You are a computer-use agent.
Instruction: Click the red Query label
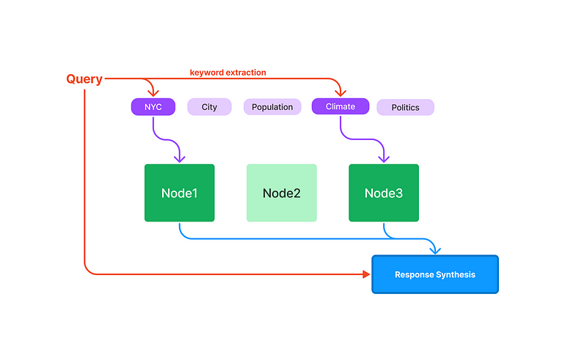84,79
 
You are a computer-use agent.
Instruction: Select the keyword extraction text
227,73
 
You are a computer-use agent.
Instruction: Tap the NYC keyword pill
153,107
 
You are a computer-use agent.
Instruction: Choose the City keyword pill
209,107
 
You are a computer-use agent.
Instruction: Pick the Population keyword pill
272,107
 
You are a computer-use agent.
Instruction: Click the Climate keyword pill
340,107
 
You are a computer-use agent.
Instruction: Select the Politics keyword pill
405,108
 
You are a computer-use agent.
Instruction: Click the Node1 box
179,193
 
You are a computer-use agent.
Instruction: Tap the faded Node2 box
281,193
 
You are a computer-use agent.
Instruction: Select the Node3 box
384,193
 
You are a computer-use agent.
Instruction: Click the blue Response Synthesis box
435,274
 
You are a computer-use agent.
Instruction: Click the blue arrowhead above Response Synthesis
435,251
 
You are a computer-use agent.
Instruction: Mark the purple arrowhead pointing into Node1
179,159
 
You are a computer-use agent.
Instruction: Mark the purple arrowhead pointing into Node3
384,159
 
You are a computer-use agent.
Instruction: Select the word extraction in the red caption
247,73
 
